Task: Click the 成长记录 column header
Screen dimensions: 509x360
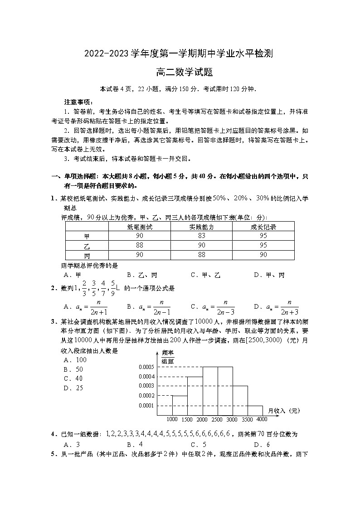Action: (x=263, y=227)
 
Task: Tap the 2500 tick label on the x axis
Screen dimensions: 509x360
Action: (x=217, y=419)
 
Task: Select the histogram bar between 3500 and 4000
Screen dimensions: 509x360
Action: (x=255, y=411)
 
